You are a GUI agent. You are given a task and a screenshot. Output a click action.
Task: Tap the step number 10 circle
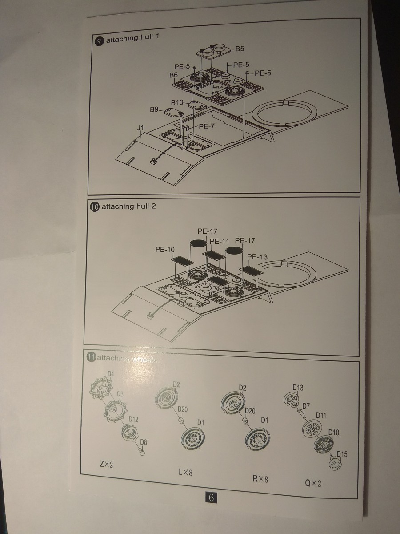pos(94,207)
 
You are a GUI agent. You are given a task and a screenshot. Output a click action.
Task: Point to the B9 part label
pos(154,109)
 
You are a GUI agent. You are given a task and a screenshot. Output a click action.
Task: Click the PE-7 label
pos(207,126)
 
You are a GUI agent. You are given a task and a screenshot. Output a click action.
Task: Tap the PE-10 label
pos(165,250)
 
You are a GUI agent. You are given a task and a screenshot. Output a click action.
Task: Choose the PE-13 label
pos(257,257)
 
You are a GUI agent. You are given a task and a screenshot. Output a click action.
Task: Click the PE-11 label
pos(219,241)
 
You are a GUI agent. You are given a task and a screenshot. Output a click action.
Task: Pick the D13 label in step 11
pos(298,387)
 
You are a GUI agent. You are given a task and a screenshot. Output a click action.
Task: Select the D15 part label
pos(342,454)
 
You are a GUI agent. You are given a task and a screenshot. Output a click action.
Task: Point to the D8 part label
pos(144,442)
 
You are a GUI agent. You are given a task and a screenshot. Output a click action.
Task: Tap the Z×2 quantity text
pos(107,465)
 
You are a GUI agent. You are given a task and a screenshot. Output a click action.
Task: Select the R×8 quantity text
pos(260,479)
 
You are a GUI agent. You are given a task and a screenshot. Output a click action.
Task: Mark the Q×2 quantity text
pos(313,483)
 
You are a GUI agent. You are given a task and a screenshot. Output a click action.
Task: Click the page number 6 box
pos(212,498)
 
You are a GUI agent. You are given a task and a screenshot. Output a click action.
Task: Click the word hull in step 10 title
pos(138,206)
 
